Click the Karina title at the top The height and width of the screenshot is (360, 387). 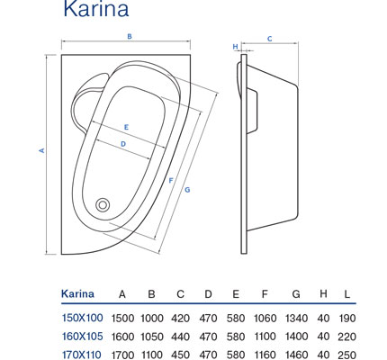pyautogui.click(x=96, y=8)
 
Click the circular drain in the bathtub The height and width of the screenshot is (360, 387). pyautogui.click(x=103, y=205)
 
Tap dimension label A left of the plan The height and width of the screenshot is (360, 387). pyautogui.click(x=42, y=150)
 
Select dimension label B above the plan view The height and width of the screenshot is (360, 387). pyautogui.click(x=130, y=36)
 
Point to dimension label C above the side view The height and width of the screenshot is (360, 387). pyautogui.click(x=270, y=39)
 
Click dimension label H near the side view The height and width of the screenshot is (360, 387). pyautogui.click(x=236, y=47)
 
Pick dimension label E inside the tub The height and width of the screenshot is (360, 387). pyautogui.click(x=126, y=127)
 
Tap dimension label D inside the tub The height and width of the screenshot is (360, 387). pyautogui.click(x=123, y=144)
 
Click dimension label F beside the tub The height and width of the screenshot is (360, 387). pyautogui.click(x=171, y=181)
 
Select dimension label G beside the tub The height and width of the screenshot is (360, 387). pyautogui.click(x=187, y=190)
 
